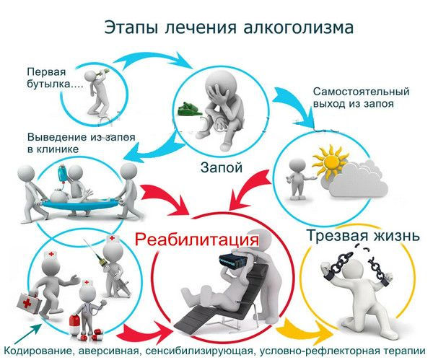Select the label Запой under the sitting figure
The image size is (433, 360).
point(222,167)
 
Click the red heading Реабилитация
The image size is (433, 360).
point(197,240)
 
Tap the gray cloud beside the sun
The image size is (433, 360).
point(359,179)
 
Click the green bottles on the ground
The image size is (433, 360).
point(190,109)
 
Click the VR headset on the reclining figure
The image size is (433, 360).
point(232,260)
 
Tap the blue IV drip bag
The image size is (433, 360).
point(61,174)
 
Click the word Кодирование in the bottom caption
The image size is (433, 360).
point(39,351)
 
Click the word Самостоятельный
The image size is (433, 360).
point(362,91)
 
